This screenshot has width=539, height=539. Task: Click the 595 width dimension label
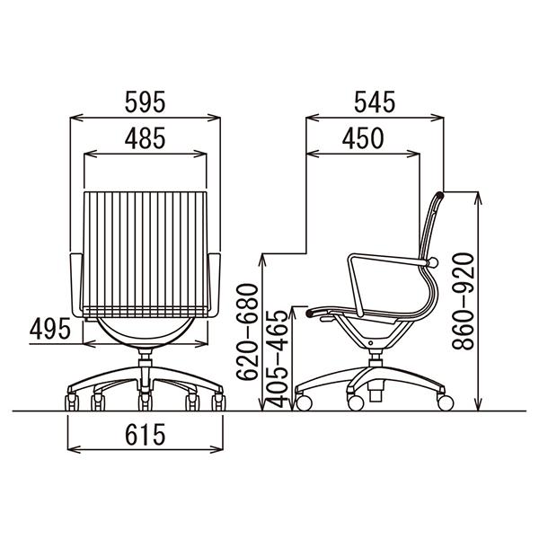click(145, 102)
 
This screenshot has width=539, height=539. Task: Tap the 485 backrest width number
click(145, 138)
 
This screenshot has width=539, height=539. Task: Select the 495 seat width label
click(50, 329)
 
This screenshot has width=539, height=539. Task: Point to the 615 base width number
click(145, 435)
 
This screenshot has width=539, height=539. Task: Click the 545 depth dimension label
click(375, 102)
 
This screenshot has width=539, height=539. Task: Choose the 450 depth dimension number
click(363, 138)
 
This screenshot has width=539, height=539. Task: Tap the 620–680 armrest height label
click(247, 331)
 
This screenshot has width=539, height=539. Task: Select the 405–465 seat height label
click(277, 359)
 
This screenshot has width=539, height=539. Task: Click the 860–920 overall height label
click(463, 302)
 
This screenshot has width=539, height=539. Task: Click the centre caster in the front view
click(145, 402)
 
